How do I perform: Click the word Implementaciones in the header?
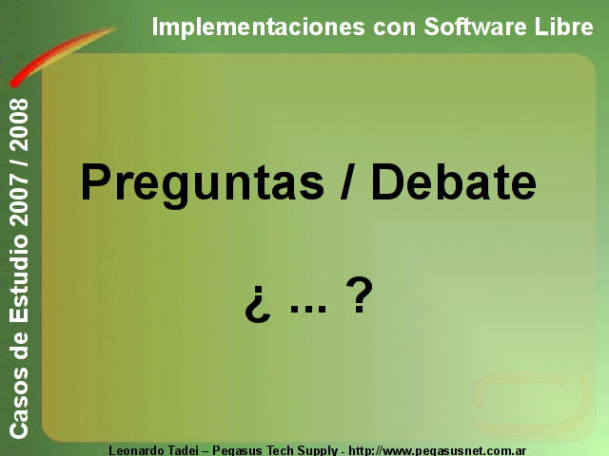[258, 27]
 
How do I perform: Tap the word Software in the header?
[475, 27]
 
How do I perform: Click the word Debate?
[454, 181]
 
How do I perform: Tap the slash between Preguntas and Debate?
[347, 181]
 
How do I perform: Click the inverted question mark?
[257, 305]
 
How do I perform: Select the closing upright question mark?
[360, 294]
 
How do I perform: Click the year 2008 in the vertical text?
[19, 124]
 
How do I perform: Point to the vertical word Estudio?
[19, 278]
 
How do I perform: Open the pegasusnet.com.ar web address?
[438, 451]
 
